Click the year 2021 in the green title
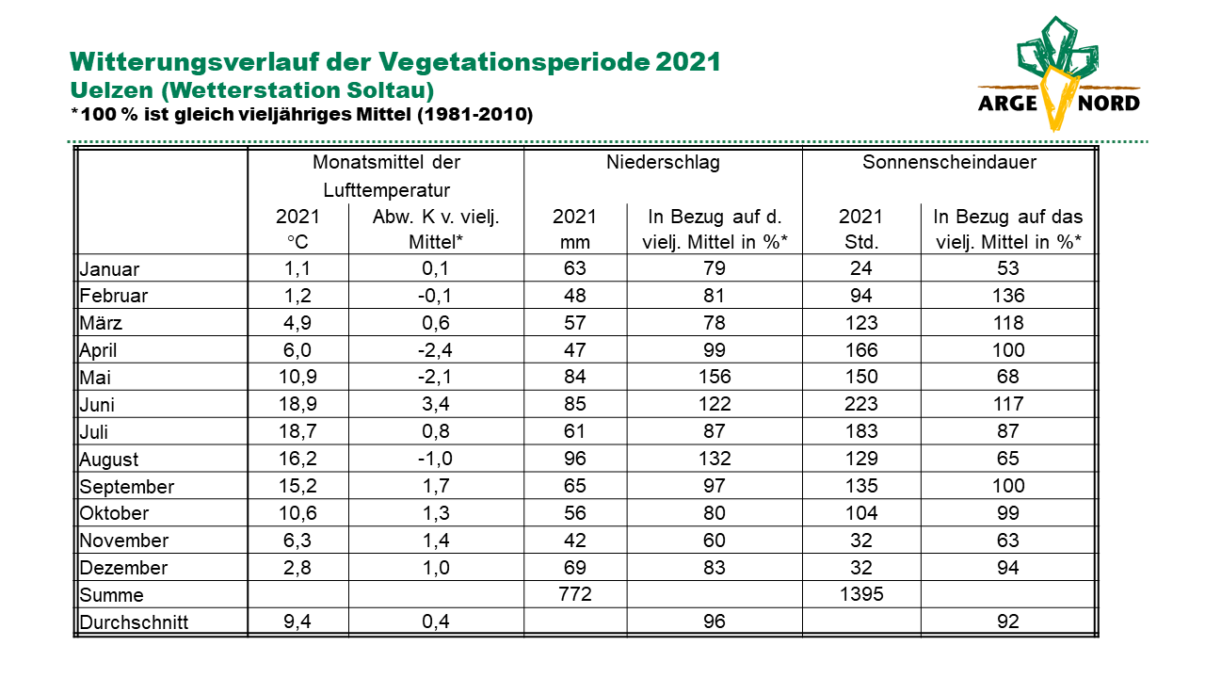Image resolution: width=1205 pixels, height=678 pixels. [688, 62]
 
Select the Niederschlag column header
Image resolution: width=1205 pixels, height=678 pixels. [663, 162]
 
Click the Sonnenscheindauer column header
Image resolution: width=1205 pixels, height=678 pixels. [950, 162]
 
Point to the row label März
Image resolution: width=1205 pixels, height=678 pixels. [101, 323]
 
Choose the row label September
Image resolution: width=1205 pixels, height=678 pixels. [126, 487]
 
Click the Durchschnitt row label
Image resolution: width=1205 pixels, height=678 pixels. [134, 622]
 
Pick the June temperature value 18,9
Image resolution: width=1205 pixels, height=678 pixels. [297, 404]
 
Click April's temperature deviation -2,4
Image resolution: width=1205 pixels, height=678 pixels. [435, 350]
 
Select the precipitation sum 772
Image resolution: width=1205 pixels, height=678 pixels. [574, 594]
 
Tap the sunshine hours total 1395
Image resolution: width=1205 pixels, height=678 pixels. [861, 594]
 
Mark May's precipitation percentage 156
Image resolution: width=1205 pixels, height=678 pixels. [715, 377]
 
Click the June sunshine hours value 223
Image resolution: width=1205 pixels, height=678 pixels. [861, 404]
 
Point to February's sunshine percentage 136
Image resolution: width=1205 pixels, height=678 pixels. [1008, 296]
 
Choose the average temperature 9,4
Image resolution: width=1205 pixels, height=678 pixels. [297, 621]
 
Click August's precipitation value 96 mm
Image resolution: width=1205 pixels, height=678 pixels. [574, 459]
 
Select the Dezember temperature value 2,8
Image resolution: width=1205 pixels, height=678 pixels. [297, 568]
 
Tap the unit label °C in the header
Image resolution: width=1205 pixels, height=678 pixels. [297, 242]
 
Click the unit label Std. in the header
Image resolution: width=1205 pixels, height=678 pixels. [861, 242]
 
